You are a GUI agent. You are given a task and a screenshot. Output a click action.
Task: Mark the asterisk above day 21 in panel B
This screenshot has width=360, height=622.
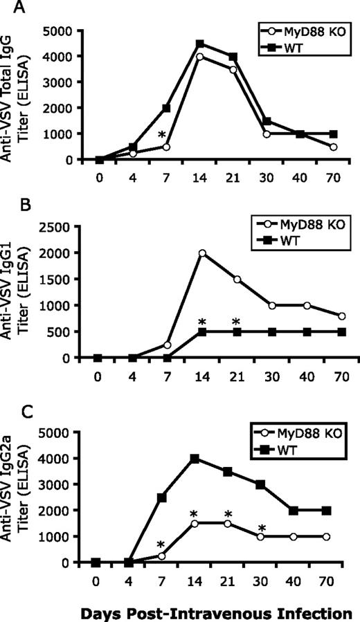pyautogui.click(x=236, y=322)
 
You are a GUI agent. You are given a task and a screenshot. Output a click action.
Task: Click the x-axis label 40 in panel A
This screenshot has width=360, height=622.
pyautogui.click(x=301, y=176)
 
